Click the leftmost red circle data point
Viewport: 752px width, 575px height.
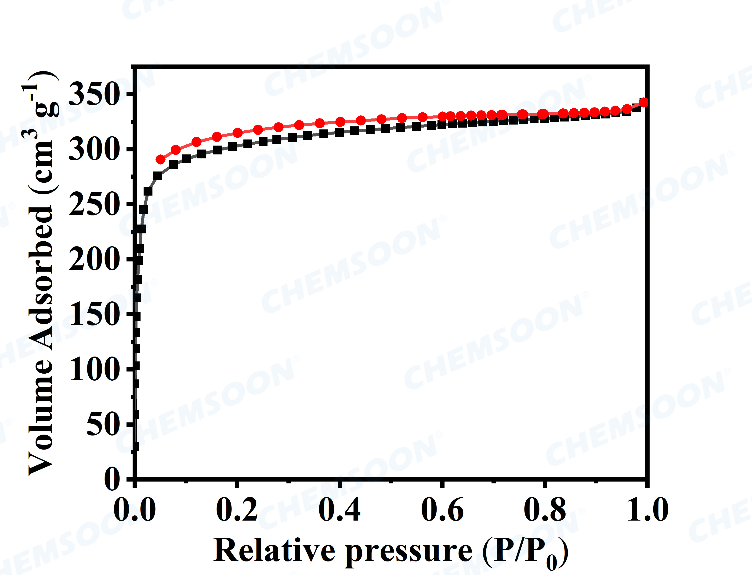click(x=160, y=160)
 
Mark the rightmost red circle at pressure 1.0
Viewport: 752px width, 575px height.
click(x=644, y=102)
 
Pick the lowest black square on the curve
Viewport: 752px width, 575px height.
click(x=135, y=447)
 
